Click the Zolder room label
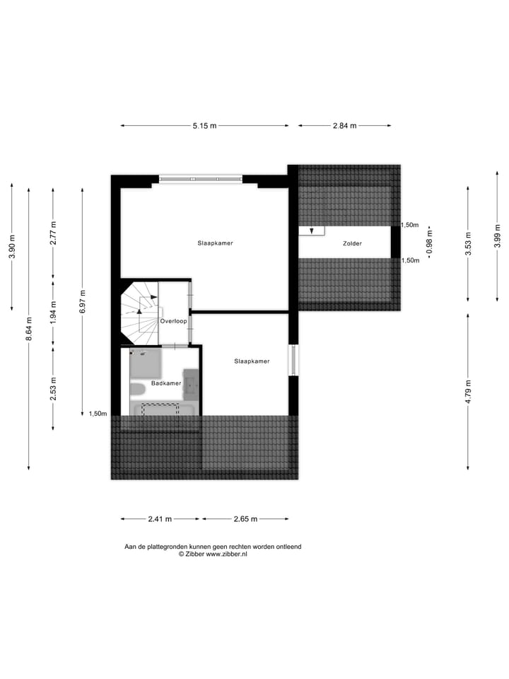point(352,243)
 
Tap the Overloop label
point(173,320)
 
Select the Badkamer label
point(166,383)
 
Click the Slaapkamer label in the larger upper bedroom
point(215,243)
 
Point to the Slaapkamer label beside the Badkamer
point(252,361)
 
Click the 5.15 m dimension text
point(204,126)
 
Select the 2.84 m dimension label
point(344,126)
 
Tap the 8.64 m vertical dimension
point(29,328)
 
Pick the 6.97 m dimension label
point(83,302)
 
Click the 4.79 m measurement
point(468,391)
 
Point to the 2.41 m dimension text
point(160,519)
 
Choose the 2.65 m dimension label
point(245,519)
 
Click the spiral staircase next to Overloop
point(140,312)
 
